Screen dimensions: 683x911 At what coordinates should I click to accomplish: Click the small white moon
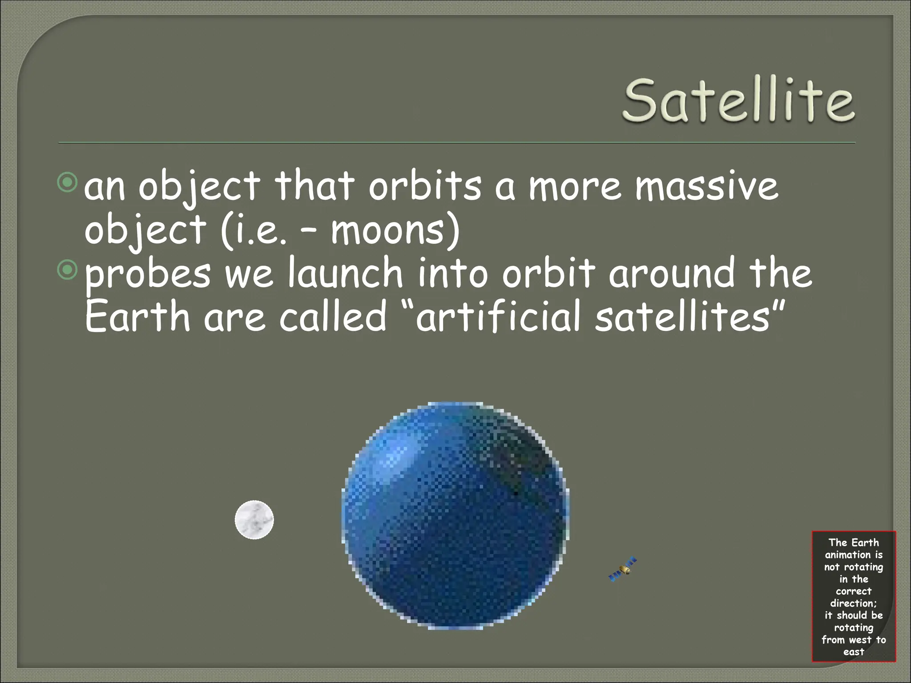pos(254,520)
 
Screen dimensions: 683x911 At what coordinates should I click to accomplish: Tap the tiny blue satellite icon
pos(622,570)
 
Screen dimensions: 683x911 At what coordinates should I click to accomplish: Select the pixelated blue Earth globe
pos(455,516)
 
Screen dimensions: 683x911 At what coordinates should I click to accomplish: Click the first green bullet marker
pos(68,183)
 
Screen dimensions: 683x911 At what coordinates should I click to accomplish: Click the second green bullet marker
pos(68,270)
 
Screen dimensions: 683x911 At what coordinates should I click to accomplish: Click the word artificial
pos(498,317)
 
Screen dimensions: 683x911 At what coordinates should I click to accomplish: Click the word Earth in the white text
pos(137,317)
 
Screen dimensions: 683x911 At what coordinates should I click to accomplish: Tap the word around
pos(672,273)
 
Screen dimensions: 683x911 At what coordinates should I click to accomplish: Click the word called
pos(333,317)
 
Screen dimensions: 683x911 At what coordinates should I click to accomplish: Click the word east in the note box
pos(853,652)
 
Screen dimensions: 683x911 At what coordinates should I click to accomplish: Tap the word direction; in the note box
pos(853,603)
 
